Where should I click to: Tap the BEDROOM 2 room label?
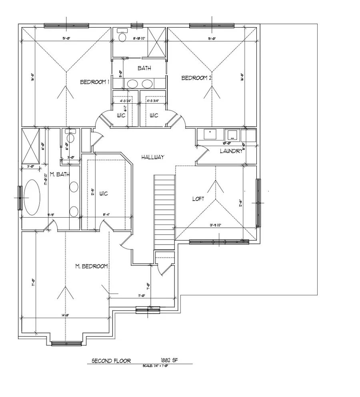coord(196,78)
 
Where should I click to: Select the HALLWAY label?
coord(152,157)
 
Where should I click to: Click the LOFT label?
coord(198,198)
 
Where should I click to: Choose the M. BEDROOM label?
coord(92,266)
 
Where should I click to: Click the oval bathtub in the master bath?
coord(32,198)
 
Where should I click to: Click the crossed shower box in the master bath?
coord(30,144)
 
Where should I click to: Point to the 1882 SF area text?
coord(168,360)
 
